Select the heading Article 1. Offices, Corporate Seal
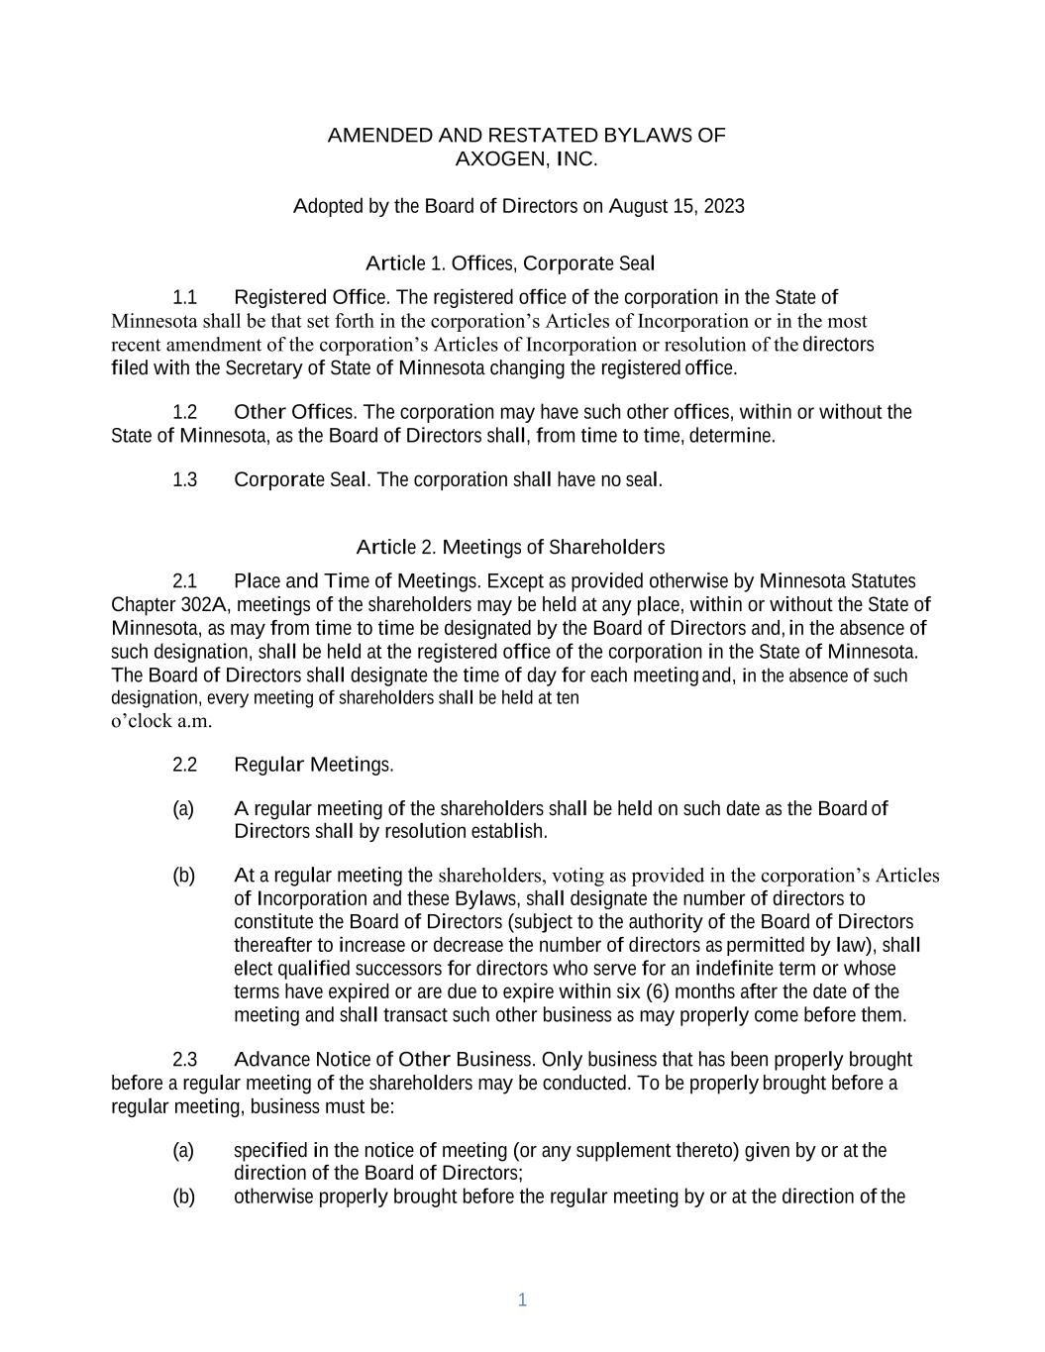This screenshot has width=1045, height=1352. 510,263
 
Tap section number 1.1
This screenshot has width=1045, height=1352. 185,297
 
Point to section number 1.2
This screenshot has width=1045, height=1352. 185,412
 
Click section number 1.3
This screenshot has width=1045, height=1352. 185,480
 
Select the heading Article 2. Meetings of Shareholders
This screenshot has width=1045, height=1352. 510,548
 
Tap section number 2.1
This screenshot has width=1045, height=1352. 185,581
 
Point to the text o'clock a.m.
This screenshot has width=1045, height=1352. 161,721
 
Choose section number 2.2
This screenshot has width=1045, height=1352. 185,765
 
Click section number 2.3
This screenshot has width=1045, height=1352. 185,1060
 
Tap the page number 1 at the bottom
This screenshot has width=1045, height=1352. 522,1300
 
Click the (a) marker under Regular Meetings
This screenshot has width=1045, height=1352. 183,809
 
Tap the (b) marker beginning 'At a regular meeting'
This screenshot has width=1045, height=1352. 183,876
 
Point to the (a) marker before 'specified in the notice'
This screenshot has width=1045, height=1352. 183,1151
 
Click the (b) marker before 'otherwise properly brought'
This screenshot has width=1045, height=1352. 183,1196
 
